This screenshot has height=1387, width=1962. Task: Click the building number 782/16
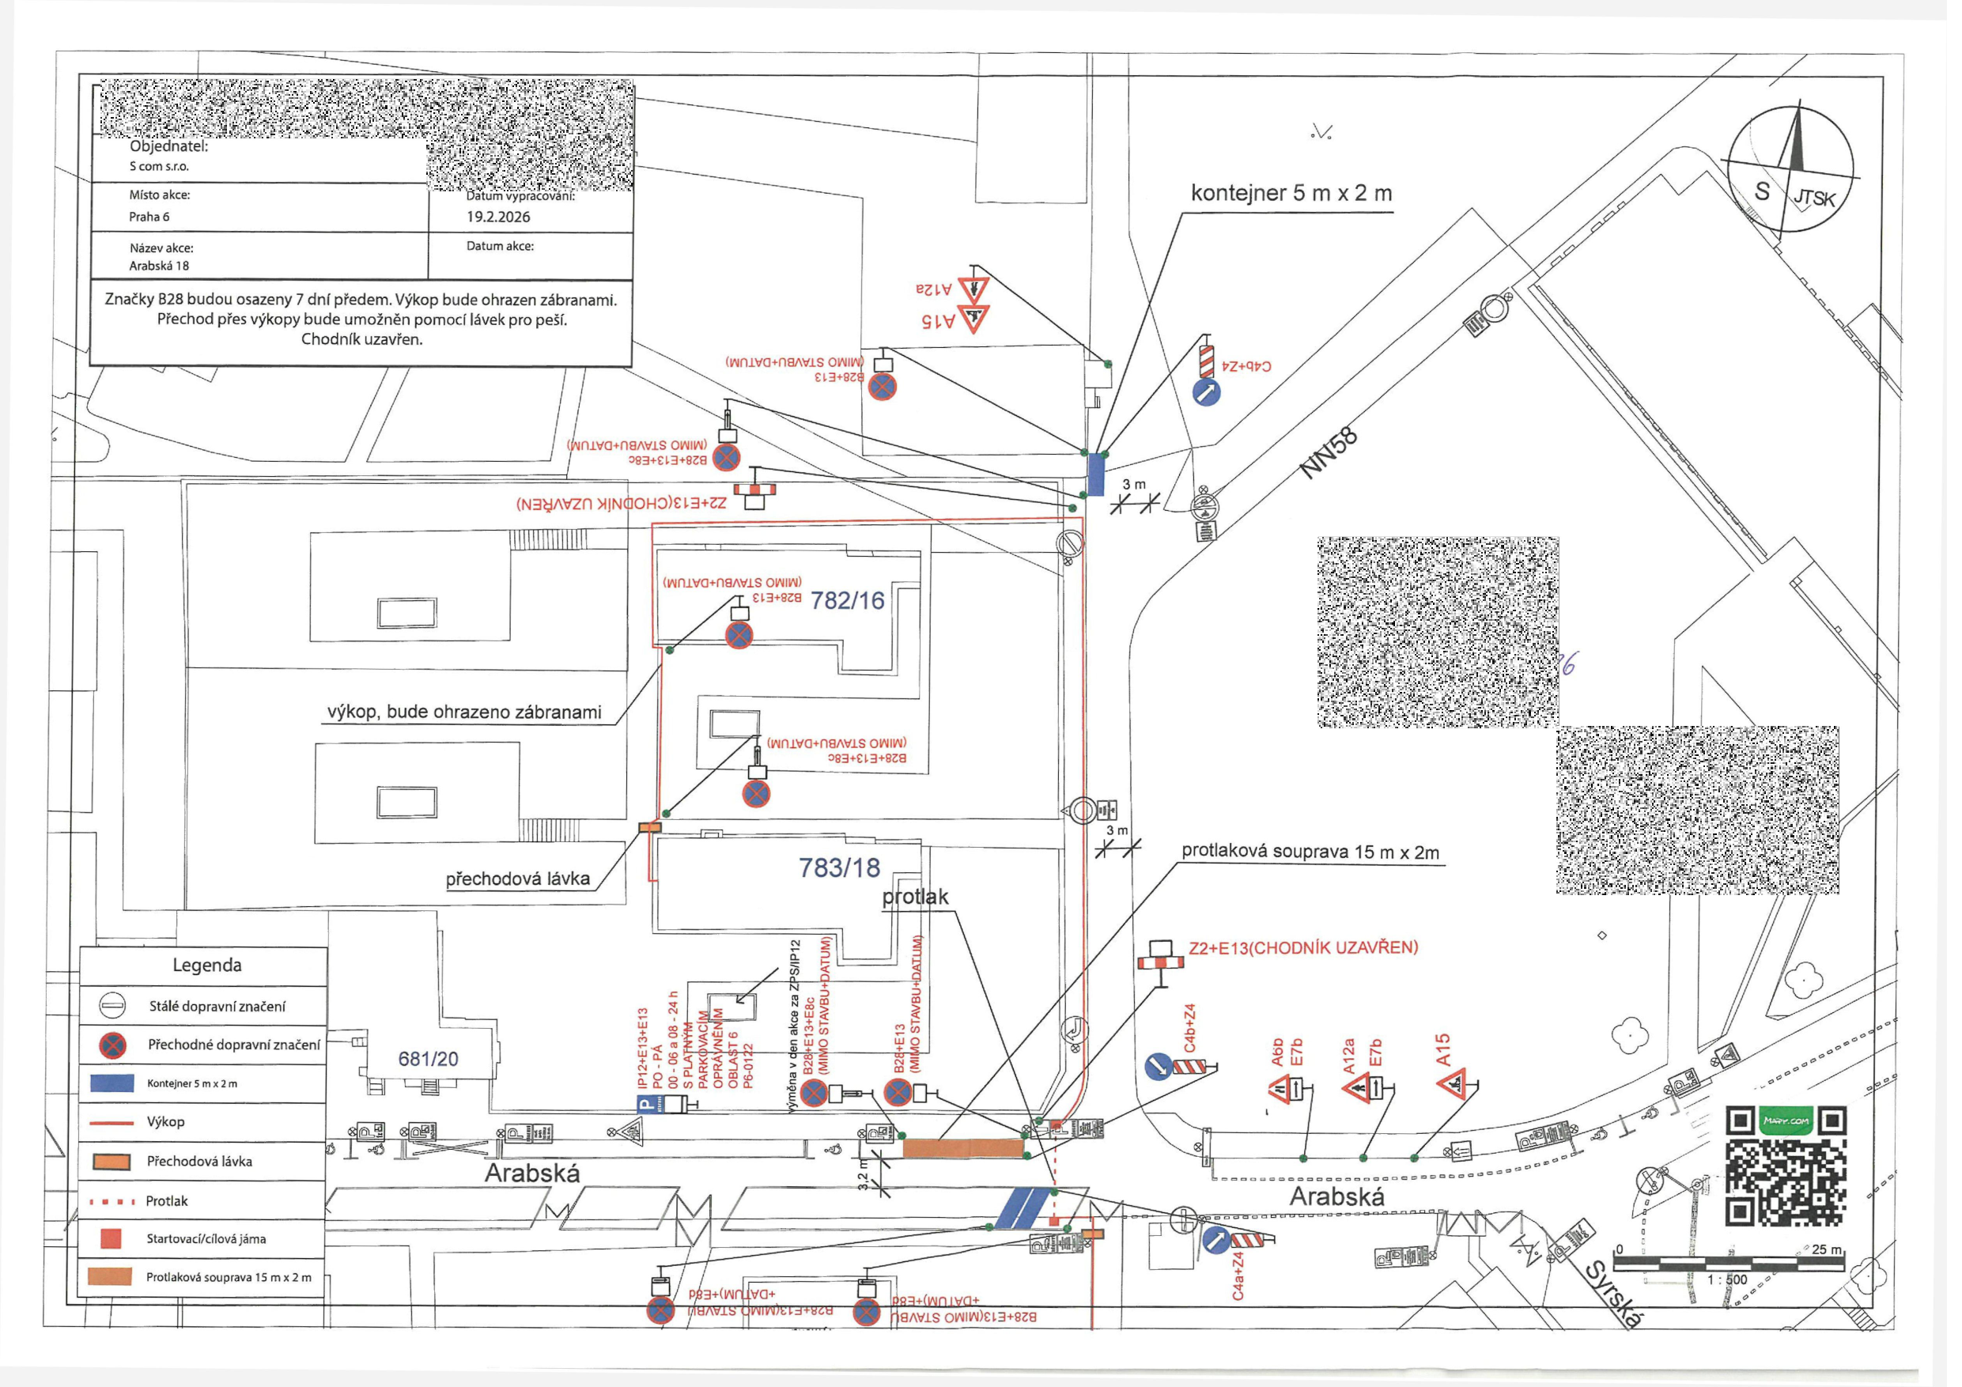point(847,601)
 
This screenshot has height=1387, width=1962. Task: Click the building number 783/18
point(839,868)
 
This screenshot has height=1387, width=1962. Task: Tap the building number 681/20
point(428,1059)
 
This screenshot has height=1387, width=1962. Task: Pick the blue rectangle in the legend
point(112,1083)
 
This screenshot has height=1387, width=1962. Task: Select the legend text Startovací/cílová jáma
point(206,1238)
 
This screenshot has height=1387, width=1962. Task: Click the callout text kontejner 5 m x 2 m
point(1291,194)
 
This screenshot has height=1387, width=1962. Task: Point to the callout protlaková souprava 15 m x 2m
point(1310,852)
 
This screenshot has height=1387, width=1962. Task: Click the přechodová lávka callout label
point(518,879)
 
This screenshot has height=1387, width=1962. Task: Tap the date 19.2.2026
point(498,217)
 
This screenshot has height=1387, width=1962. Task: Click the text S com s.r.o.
point(159,167)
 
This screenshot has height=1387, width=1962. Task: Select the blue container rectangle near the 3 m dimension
point(1095,474)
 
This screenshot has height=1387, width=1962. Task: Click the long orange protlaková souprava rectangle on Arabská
point(964,1148)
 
